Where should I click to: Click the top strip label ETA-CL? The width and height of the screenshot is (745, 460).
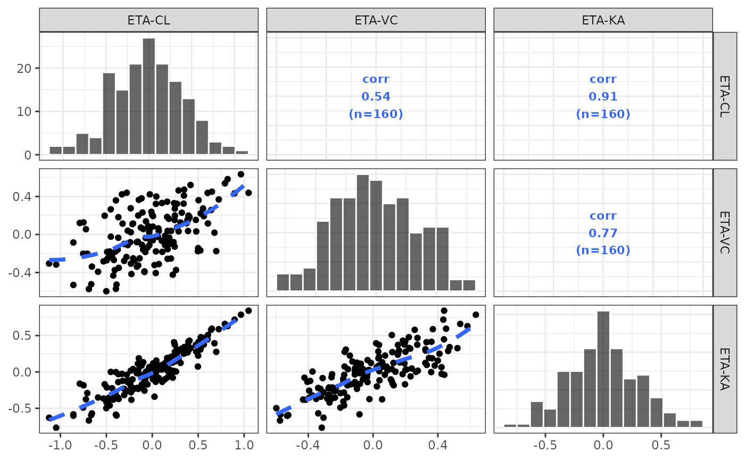point(148,20)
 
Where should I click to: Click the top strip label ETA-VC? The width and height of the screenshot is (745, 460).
point(376,20)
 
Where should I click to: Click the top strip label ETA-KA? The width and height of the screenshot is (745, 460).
point(603,20)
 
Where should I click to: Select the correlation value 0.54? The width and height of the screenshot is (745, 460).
point(376,97)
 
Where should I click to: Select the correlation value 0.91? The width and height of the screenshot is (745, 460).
point(603,97)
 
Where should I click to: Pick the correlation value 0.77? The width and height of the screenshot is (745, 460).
point(603,233)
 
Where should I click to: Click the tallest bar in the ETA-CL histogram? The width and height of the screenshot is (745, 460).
point(149,96)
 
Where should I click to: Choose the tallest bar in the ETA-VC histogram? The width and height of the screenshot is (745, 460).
point(363,232)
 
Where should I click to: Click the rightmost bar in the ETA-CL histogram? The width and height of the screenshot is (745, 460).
point(242,153)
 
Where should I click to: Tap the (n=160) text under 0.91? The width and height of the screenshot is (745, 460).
point(603,114)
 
